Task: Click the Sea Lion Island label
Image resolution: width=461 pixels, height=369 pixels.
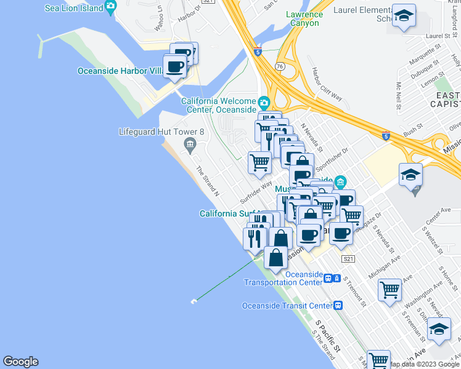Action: point(73,8)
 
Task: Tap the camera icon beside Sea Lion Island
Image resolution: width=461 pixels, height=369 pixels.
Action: point(110,7)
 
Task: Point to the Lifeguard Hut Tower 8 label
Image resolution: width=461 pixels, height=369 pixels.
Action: point(161,132)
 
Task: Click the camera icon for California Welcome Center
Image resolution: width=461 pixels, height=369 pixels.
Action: point(264,101)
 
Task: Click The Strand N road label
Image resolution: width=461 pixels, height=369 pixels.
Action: point(208,181)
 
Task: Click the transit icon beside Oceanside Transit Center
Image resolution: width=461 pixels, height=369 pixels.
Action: point(338,305)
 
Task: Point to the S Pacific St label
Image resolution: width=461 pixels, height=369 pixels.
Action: point(328,335)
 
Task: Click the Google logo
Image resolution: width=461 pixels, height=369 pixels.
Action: point(20,362)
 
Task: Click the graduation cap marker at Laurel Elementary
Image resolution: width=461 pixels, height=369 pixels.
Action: point(404,17)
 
